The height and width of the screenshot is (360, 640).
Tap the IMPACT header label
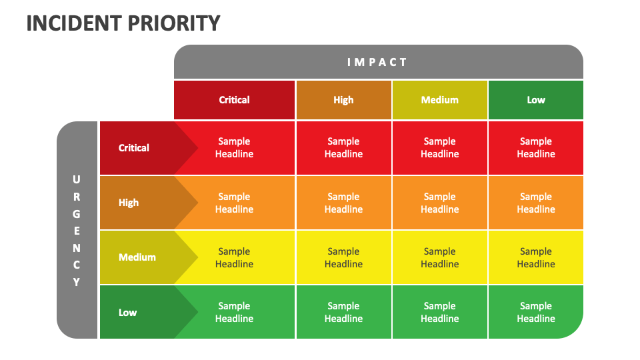point(377,62)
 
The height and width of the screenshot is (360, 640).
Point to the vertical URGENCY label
point(77,231)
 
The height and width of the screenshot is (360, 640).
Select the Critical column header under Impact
point(234,100)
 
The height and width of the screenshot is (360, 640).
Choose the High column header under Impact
point(343,100)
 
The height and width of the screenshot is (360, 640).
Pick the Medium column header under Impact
point(439,100)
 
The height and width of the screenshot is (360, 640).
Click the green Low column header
point(535,100)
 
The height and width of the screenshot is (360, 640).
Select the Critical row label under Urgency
point(134,148)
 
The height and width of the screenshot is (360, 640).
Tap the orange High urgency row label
point(129,203)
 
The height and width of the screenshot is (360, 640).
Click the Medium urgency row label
point(137,257)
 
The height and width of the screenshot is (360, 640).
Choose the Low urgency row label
point(128,312)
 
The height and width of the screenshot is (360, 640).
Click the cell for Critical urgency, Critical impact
point(234,148)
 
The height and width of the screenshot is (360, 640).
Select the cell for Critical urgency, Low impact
point(535,148)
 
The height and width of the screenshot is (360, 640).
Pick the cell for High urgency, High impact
point(343,203)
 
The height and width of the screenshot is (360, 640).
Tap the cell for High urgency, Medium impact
point(439,203)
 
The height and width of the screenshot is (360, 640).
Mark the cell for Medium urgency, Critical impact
point(234,257)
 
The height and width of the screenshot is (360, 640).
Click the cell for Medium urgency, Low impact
point(535,257)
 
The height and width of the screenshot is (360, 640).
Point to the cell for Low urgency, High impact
point(343,312)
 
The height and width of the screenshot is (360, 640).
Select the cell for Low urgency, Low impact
point(535,312)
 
